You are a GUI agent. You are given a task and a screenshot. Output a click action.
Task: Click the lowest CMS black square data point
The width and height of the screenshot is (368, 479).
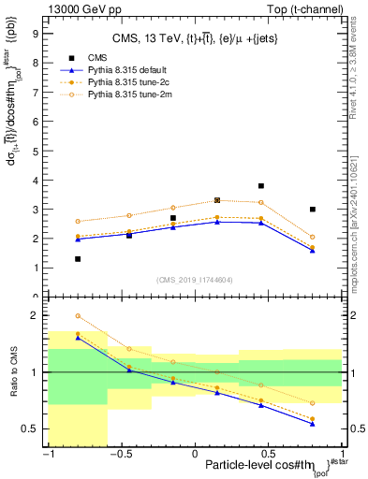tap(78, 258)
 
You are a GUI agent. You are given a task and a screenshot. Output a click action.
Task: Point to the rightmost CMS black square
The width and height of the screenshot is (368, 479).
tap(313, 210)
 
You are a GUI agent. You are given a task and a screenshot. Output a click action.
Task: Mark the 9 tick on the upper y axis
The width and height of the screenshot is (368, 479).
tap(37, 33)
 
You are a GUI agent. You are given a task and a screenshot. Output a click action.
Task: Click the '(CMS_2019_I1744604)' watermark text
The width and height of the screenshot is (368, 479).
tap(195, 279)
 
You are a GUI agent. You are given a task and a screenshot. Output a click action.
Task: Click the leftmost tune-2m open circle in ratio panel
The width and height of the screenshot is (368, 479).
tap(78, 316)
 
